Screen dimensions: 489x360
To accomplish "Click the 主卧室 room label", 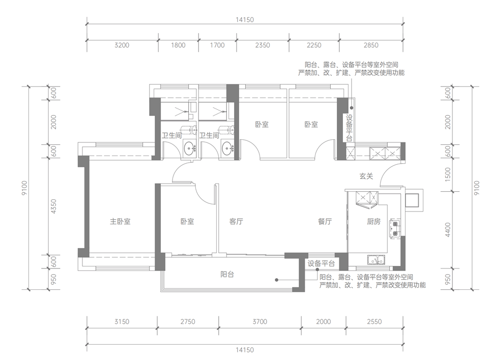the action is click(120, 222).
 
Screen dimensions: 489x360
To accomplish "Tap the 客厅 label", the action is click(236, 222).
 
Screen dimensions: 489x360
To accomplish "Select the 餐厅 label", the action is click(325, 222).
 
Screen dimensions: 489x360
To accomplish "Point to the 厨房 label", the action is click(373, 222).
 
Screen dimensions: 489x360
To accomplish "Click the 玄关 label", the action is click(366, 176).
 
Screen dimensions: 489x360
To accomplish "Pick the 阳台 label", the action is click(227, 275).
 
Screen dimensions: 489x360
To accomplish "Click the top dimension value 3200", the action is click(122, 45).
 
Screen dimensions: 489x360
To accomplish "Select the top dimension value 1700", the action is click(217, 45).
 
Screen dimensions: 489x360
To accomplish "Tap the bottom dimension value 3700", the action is click(260, 322).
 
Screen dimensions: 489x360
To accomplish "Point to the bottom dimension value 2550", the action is click(374, 322).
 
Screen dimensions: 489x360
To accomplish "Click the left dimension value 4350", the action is click(53, 206).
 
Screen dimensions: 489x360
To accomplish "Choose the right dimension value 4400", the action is click(448, 230).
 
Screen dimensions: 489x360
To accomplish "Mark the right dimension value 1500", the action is click(448, 175).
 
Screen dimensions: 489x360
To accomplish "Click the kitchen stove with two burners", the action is click(395, 228).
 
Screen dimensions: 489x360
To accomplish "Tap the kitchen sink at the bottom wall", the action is click(376, 260).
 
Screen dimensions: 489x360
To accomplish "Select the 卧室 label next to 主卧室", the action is click(187, 222).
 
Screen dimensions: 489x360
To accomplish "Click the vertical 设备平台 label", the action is click(349, 128).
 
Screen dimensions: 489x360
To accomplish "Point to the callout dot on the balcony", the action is click(276, 280).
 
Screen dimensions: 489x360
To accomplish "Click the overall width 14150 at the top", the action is click(245, 20).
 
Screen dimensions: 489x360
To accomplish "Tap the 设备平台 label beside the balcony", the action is click(321, 264).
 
